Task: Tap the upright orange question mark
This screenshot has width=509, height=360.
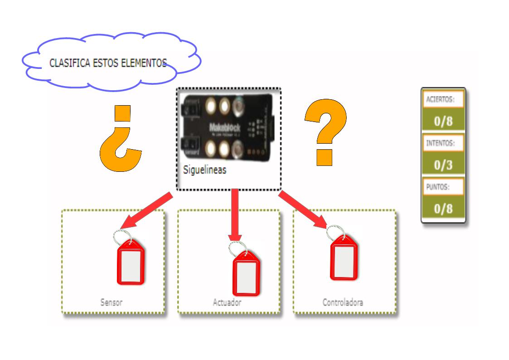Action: pyautogui.click(x=326, y=132)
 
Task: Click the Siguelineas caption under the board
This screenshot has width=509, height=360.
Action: pyautogui.click(x=204, y=170)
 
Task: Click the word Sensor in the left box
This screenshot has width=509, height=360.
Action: pyautogui.click(x=111, y=302)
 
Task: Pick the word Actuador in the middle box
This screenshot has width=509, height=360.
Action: pyautogui.click(x=227, y=302)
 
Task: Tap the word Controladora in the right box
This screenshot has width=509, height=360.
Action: pyautogui.click(x=343, y=302)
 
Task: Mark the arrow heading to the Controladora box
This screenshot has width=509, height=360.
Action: pyautogui.click(x=304, y=209)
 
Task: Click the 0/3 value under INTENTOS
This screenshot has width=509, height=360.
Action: pyautogui.click(x=443, y=164)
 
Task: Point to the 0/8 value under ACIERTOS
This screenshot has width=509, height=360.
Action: pyautogui.click(x=443, y=121)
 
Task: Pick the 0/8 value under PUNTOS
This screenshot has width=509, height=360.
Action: pyautogui.click(x=443, y=208)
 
